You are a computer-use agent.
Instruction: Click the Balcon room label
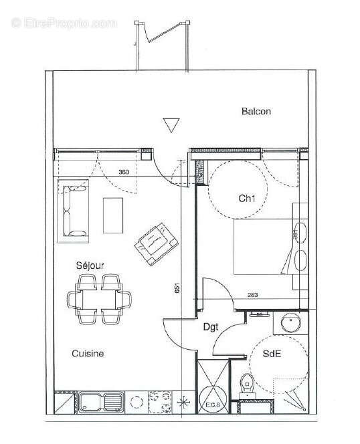(x=256, y=112)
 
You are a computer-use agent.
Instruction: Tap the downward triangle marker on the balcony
(x=171, y=125)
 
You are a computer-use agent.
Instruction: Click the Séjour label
(x=89, y=265)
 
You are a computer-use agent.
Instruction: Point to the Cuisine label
(x=88, y=353)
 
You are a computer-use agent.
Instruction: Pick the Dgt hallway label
(x=212, y=328)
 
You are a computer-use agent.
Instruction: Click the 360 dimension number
(x=123, y=173)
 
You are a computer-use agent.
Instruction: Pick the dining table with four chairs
(x=100, y=299)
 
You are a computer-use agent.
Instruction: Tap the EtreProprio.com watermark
(x=64, y=23)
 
